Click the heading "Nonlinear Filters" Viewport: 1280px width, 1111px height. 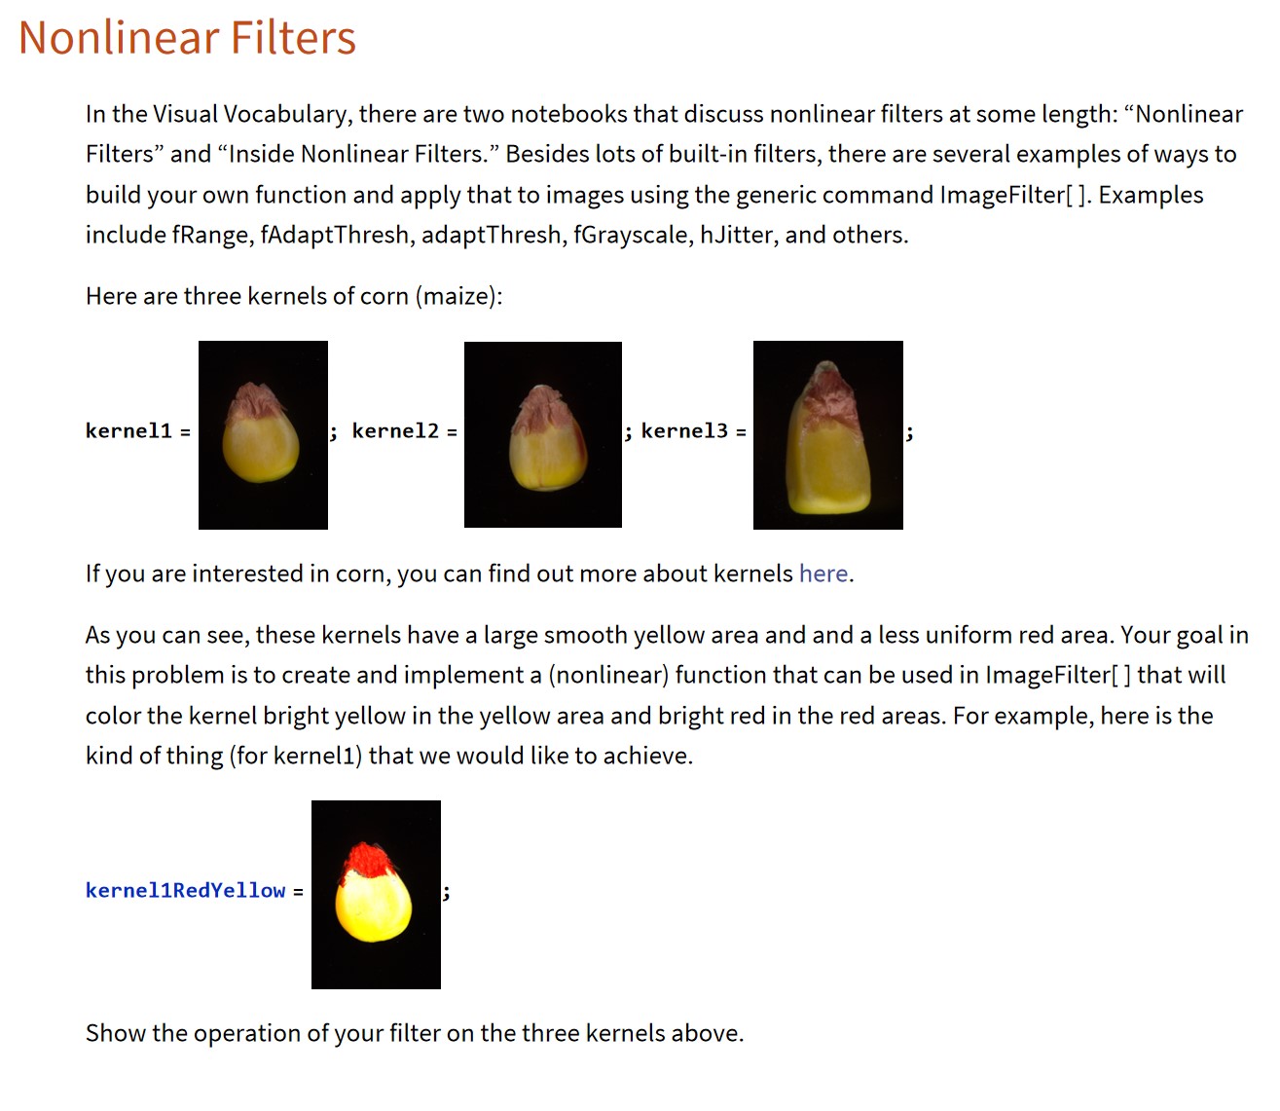pos(187,38)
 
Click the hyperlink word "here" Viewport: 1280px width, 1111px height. pos(823,574)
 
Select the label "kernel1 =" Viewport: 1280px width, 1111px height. pos(137,431)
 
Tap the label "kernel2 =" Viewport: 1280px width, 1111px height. pos(403,431)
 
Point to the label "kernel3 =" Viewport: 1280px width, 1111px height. pos(693,431)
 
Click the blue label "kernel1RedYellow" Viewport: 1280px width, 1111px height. pos(185,891)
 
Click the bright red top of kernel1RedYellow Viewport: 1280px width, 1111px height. pos(367,860)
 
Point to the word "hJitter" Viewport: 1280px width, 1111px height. pos(738,236)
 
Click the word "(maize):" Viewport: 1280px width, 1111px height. pos(458,296)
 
